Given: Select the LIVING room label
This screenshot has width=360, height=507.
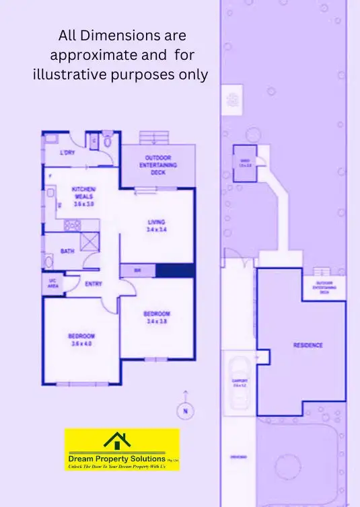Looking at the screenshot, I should pos(156,225).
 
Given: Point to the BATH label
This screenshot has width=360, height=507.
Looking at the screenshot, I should pos(67,251).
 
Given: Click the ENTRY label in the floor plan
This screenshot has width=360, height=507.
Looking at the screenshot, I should pos(94,284).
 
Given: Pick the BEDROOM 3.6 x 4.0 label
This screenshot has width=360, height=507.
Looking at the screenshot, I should pos(81,340).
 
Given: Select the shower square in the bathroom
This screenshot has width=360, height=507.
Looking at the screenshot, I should pos(89,241).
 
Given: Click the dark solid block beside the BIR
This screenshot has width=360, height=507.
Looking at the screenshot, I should pos(175,270).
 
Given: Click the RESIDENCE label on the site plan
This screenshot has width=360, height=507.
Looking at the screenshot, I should pos(308,345).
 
